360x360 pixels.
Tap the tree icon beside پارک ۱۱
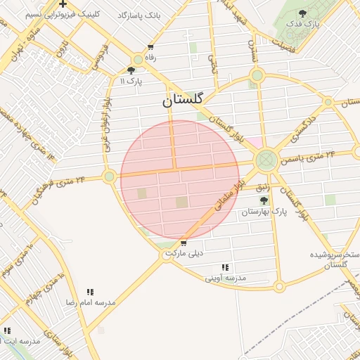point(131,70)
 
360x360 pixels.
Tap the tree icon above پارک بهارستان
point(264,200)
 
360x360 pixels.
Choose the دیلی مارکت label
point(184,252)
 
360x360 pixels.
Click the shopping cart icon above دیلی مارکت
point(184,243)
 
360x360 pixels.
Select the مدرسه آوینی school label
point(226,278)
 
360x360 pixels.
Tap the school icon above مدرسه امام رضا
point(90,292)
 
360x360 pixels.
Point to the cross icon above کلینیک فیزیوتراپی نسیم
point(63,4)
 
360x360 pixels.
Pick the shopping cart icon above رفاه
point(150,47)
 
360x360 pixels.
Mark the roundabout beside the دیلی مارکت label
point(167,256)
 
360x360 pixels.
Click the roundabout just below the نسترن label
point(257,75)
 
